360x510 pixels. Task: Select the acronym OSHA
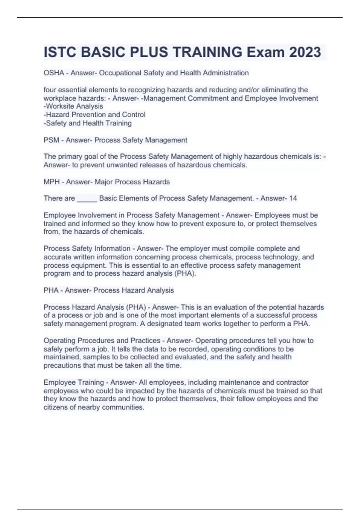(x=54, y=73)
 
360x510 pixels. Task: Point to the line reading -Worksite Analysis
(x=73, y=106)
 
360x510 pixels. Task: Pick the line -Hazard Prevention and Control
(x=94, y=115)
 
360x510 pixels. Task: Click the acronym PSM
(x=51, y=140)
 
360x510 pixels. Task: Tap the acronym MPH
(x=52, y=182)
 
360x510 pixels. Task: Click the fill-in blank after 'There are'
(x=87, y=199)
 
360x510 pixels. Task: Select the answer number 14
(x=293, y=198)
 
